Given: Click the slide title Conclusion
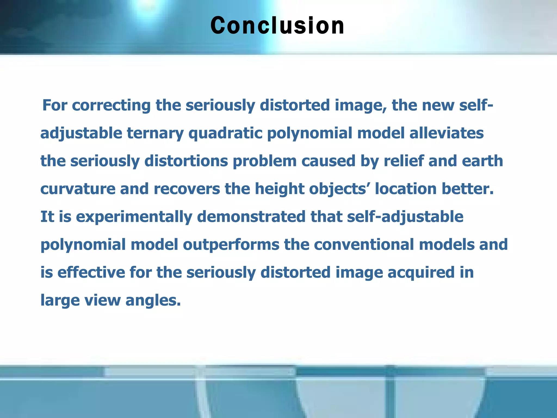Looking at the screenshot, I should (x=277, y=26).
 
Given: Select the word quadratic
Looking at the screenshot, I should (x=225, y=133).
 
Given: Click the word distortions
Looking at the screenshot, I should (x=186, y=161).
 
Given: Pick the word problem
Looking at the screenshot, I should (x=265, y=161).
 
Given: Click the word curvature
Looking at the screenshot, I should (x=78, y=189).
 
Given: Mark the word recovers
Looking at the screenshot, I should (x=187, y=189).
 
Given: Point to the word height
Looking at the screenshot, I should (x=279, y=189).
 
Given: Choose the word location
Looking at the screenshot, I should (x=406, y=189).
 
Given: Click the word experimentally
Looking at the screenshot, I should (x=134, y=217).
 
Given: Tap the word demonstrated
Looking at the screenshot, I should (x=251, y=217).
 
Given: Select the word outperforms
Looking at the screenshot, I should (x=231, y=245).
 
